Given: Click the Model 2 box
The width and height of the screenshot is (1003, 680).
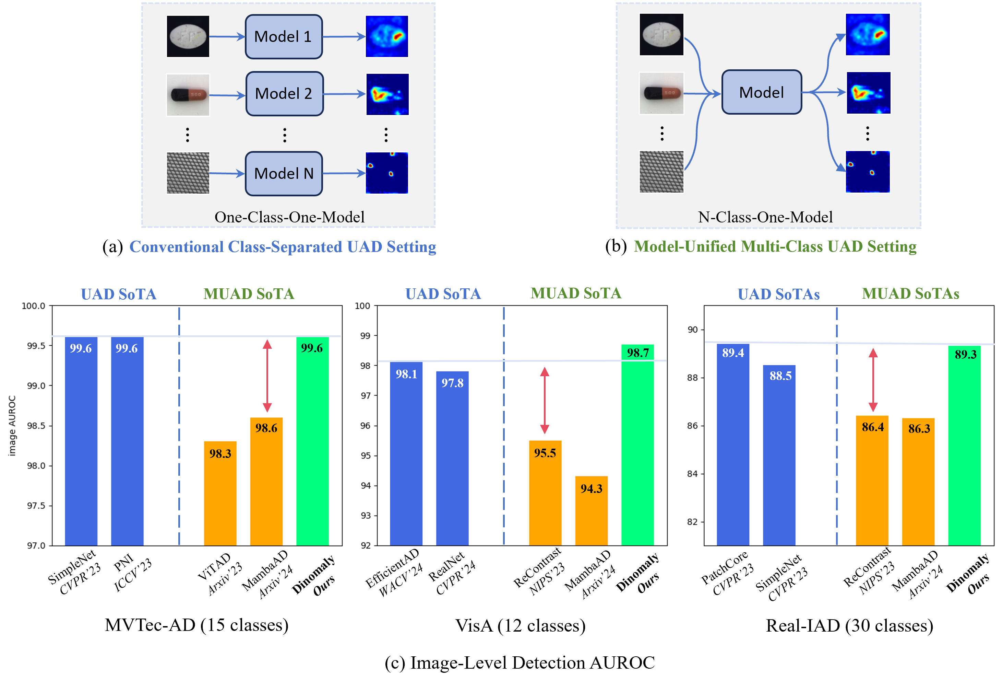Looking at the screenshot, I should click(x=284, y=94).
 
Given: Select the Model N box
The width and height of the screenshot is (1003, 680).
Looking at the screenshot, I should click(x=284, y=173).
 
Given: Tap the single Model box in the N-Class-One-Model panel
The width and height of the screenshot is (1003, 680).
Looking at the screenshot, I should click(x=761, y=92).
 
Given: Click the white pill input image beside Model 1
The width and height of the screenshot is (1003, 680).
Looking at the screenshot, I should click(x=188, y=36).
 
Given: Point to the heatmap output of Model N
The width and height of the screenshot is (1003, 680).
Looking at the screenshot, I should click(x=387, y=173).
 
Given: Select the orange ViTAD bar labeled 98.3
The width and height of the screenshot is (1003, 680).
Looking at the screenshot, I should click(x=220, y=493).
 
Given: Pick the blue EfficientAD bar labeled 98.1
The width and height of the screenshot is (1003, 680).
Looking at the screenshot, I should click(x=406, y=454).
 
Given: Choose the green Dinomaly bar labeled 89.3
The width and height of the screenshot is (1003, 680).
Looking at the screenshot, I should click(x=964, y=445).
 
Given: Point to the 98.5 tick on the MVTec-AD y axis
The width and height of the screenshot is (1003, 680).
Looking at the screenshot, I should click(x=36, y=426).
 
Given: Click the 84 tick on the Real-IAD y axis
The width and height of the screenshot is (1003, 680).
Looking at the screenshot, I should click(x=692, y=473).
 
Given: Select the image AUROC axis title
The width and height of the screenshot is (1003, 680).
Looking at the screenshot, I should click(x=12, y=426).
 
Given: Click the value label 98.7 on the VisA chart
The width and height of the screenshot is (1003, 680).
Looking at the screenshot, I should click(x=638, y=353).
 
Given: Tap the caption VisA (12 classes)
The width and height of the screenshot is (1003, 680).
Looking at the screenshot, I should click(x=520, y=625).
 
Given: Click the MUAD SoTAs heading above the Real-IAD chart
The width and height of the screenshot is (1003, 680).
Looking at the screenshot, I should click(x=910, y=294).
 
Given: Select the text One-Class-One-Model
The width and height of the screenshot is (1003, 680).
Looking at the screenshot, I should click(x=289, y=217).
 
